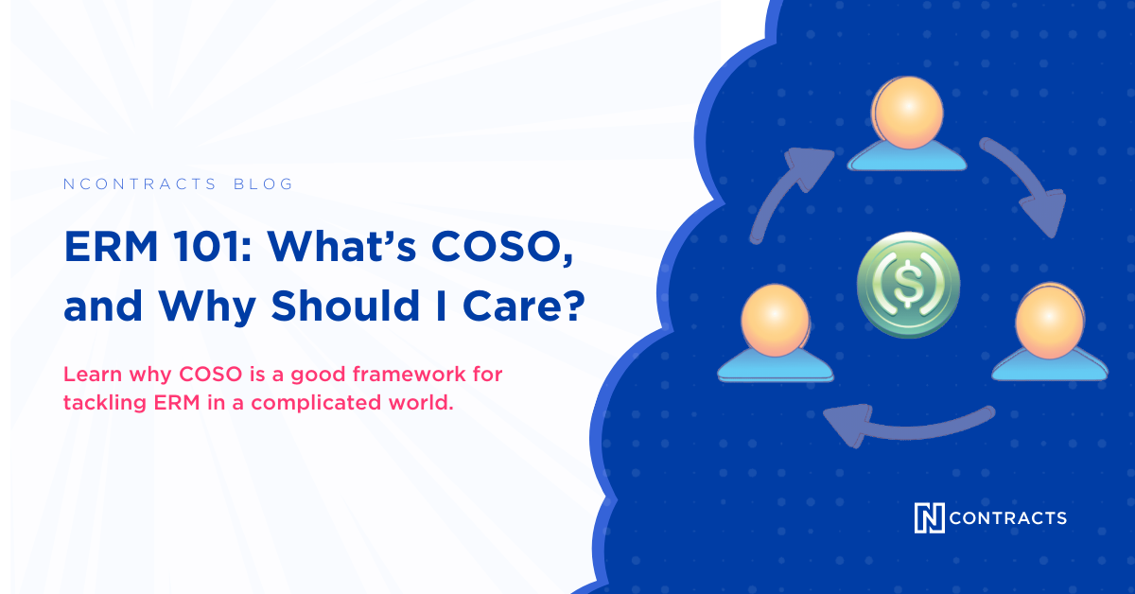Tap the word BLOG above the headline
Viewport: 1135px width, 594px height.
tap(263, 184)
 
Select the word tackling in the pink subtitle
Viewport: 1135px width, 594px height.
tap(100, 402)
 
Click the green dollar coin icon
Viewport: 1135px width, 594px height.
tap(908, 288)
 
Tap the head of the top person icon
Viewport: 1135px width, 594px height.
tap(909, 113)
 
